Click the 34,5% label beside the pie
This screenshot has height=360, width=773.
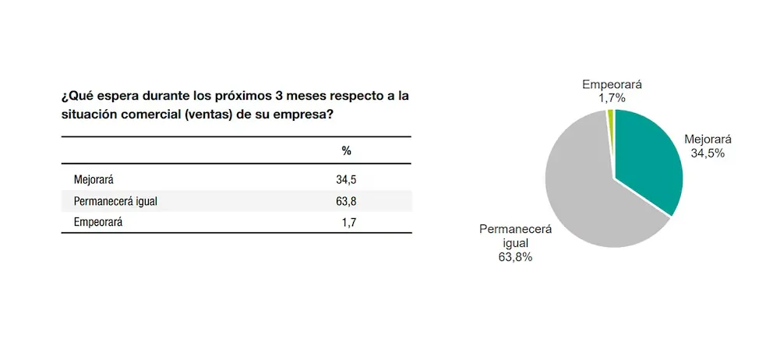click(x=708, y=154)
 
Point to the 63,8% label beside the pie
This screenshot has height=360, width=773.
click(x=515, y=256)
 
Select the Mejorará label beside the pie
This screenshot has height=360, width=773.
click(x=708, y=140)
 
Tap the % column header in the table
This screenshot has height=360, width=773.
click(x=347, y=150)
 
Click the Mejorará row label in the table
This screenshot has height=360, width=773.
click(x=94, y=179)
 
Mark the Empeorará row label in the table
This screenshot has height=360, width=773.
click(x=98, y=222)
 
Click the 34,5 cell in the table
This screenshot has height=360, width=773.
click(x=346, y=179)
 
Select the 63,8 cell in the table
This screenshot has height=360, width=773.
click(x=346, y=201)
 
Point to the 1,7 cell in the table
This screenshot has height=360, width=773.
click(x=348, y=222)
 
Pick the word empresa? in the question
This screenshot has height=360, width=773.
click(x=302, y=114)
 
